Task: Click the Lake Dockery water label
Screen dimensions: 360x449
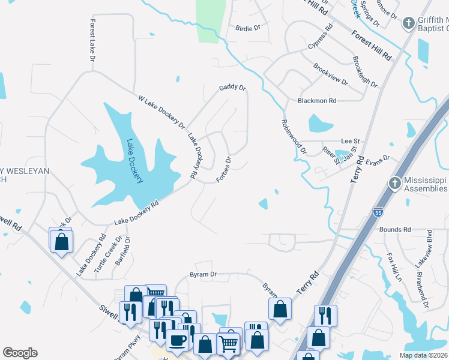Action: tap(134, 162)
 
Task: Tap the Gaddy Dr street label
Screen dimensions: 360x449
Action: tap(232, 88)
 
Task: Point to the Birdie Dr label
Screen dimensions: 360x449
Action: tap(247, 28)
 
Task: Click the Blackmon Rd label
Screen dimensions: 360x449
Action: tap(317, 101)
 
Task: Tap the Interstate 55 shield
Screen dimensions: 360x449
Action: tap(377, 212)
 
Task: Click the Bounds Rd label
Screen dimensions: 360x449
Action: tap(394, 230)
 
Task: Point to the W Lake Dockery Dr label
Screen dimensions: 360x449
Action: tap(161, 112)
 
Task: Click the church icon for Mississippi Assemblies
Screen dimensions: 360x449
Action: tap(394, 182)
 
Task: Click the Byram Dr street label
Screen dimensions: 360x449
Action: tap(203, 274)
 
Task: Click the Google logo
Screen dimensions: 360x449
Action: tap(20, 353)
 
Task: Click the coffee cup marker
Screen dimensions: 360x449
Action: tap(177, 340)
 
